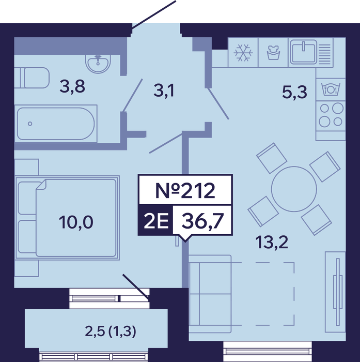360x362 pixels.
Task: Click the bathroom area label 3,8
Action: click(72, 86)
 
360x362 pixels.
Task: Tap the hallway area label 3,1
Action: click(164, 90)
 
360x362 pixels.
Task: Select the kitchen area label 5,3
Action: click(294, 93)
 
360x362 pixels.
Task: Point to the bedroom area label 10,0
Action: click(76, 222)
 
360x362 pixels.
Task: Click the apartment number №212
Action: click(185, 190)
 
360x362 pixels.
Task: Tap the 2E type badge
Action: click(156, 221)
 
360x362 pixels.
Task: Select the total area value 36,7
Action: click(202, 221)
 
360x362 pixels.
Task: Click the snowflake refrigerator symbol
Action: click(243, 53)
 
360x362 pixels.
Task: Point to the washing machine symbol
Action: click(273, 53)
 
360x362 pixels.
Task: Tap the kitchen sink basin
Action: click(303, 52)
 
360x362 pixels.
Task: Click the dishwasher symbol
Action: click(331, 89)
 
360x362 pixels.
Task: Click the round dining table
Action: click(294, 189)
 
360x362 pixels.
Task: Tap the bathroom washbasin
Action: click(98, 63)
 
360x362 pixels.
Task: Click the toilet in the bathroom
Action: click(32, 78)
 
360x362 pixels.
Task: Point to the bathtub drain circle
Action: click(30, 124)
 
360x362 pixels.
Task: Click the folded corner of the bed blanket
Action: click(41, 185)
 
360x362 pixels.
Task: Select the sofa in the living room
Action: click(210, 294)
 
